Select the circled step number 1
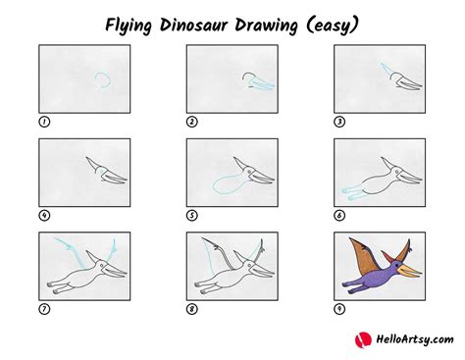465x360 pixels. [x=42, y=122]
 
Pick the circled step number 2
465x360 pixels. [x=191, y=122]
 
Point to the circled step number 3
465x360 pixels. [x=339, y=122]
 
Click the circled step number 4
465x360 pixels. [x=42, y=215]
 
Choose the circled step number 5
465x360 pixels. [x=191, y=215]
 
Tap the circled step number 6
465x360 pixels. [x=339, y=215]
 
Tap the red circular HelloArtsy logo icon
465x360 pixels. [x=359, y=338]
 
